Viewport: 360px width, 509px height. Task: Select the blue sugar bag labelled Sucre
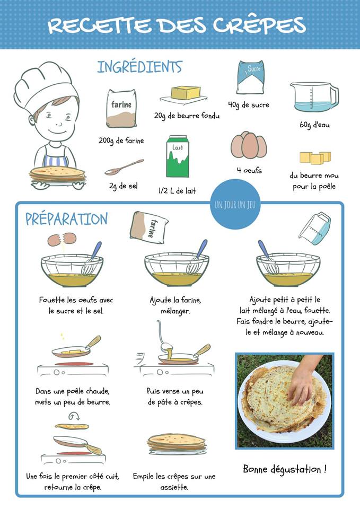point(250,77)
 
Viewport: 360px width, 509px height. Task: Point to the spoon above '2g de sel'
point(124,167)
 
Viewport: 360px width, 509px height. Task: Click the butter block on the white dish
point(186,93)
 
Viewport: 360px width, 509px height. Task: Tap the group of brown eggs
point(249,145)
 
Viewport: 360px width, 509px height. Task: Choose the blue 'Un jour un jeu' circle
point(235,205)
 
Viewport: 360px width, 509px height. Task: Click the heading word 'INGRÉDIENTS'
point(139,67)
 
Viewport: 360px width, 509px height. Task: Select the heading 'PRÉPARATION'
point(67,219)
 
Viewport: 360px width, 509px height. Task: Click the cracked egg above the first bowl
point(62,240)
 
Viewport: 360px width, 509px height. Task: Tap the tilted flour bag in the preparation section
point(149,227)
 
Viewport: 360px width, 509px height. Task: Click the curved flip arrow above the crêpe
point(74,416)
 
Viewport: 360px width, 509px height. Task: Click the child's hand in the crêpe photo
point(303,380)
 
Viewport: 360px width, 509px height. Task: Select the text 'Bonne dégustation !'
point(285,469)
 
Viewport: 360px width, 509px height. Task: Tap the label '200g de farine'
point(121,141)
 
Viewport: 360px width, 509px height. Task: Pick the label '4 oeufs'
point(249,170)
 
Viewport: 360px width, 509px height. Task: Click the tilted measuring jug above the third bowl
point(314,228)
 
